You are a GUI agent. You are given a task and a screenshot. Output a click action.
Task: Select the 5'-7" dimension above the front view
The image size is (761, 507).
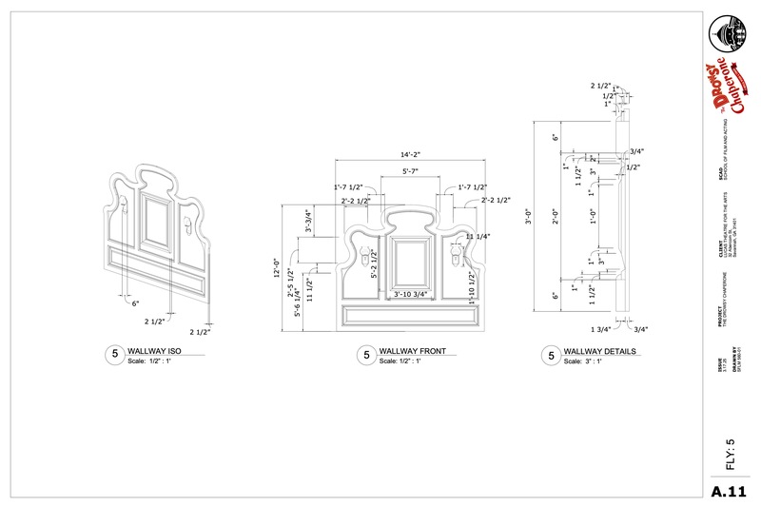click(411, 171)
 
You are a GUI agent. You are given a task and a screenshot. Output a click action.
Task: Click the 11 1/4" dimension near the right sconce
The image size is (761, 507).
click(478, 236)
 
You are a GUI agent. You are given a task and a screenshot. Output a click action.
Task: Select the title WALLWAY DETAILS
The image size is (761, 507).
click(601, 352)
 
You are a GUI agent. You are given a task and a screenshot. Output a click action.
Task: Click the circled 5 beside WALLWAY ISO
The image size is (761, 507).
click(113, 356)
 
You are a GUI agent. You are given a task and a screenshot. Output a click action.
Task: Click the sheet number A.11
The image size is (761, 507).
click(731, 491)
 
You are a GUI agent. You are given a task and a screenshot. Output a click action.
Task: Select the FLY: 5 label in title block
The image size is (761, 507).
click(731, 454)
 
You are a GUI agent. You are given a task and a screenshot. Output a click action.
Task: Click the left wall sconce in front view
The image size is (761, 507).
click(362, 257)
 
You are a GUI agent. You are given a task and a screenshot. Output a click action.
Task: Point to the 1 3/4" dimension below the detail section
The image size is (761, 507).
click(601, 329)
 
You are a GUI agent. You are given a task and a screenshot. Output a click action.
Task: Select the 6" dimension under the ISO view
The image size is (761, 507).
click(135, 304)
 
